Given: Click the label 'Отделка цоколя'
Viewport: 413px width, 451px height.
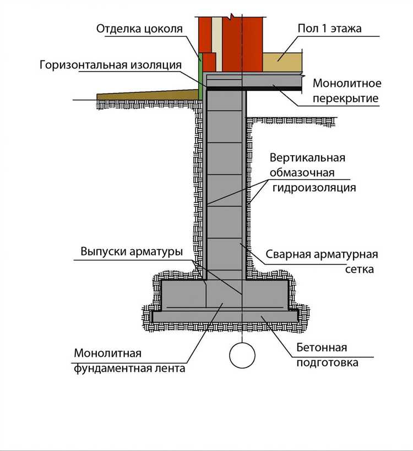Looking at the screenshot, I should pyautogui.click(x=139, y=28).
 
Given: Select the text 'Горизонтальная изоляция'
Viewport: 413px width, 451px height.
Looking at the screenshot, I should pyautogui.click(x=110, y=65).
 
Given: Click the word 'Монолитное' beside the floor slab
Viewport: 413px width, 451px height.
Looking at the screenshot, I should pyautogui.click(x=347, y=84).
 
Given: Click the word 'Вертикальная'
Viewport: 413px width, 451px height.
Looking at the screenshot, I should pyautogui.click(x=307, y=158).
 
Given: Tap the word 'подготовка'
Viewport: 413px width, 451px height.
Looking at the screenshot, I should pyautogui.click(x=327, y=362).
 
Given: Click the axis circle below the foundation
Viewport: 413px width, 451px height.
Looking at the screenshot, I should pyautogui.click(x=242, y=355).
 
